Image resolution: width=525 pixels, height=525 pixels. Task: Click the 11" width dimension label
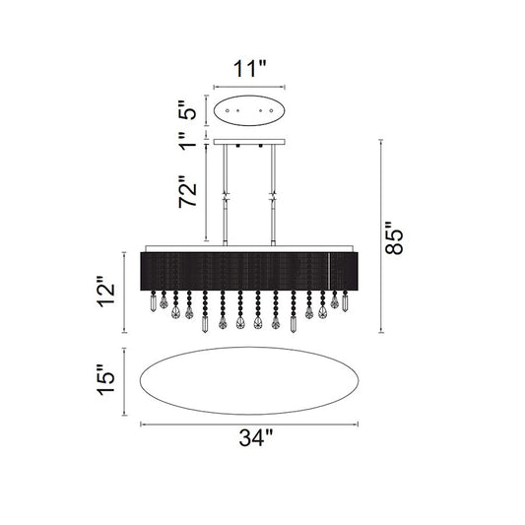click(249, 69)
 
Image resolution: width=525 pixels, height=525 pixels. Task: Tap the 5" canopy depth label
click(188, 110)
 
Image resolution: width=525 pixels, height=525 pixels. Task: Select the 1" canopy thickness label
click(187, 141)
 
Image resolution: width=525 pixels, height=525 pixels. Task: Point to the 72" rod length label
click(187, 191)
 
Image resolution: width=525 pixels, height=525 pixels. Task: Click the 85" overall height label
click(395, 238)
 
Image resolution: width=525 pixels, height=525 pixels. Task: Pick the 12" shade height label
click(106, 292)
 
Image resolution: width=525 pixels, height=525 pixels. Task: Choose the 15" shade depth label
click(106, 379)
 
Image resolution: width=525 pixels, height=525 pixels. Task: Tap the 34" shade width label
click(256, 437)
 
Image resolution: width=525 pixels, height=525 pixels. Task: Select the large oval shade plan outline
click(249, 348)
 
